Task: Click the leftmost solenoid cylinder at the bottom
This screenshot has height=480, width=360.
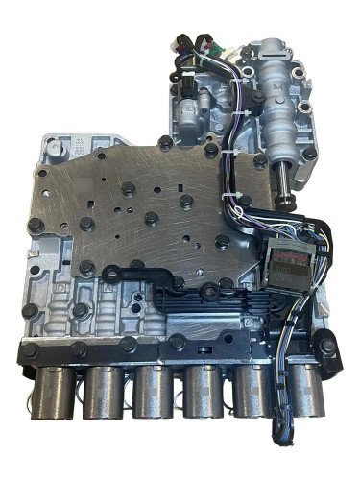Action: (x=55, y=393)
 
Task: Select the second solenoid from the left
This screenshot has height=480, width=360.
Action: (x=104, y=395)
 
